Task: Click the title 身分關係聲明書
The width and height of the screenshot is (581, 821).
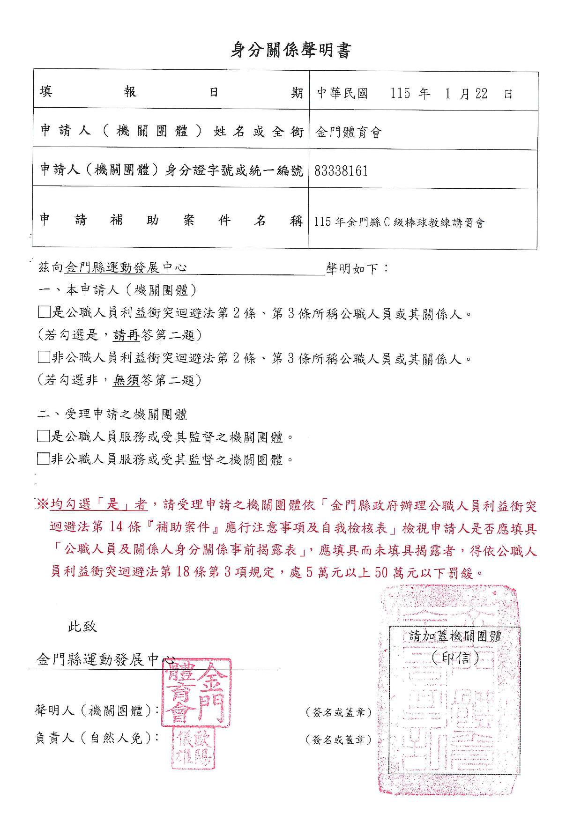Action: [x=290, y=51]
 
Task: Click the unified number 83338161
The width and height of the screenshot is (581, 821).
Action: [x=341, y=171]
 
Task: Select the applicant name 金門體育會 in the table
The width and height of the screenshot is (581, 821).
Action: [x=349, y=133]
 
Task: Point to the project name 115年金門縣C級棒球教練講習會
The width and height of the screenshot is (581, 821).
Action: [x=399, y=222]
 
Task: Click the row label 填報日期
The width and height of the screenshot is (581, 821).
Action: [x=171, y=92]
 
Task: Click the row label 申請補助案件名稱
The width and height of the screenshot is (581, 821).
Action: [x=171, y=220]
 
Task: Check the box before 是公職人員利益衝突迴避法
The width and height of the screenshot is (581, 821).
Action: [x=44, y=312]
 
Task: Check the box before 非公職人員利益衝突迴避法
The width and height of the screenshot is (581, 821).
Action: [x=44, y=358]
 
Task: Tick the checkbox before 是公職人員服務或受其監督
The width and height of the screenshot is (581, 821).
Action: [x=43, y=436]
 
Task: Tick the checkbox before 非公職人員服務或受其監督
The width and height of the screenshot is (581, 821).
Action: [x=43, y=459]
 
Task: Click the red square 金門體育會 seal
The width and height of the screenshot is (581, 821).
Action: [x=196, y=693]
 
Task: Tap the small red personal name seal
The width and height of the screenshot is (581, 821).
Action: [x=194, y=748]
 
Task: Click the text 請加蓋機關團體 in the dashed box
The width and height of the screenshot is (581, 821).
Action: [x=455, y=636]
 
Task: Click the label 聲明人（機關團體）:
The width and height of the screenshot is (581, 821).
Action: [x=96, y=710]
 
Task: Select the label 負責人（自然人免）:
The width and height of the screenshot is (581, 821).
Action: [x=96, y=738]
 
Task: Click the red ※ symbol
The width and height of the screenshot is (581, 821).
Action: [x=42, y=504]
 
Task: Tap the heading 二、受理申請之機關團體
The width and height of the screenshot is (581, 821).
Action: [x=113, y=414]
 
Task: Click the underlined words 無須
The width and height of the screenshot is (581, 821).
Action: [x=126, y=380]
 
